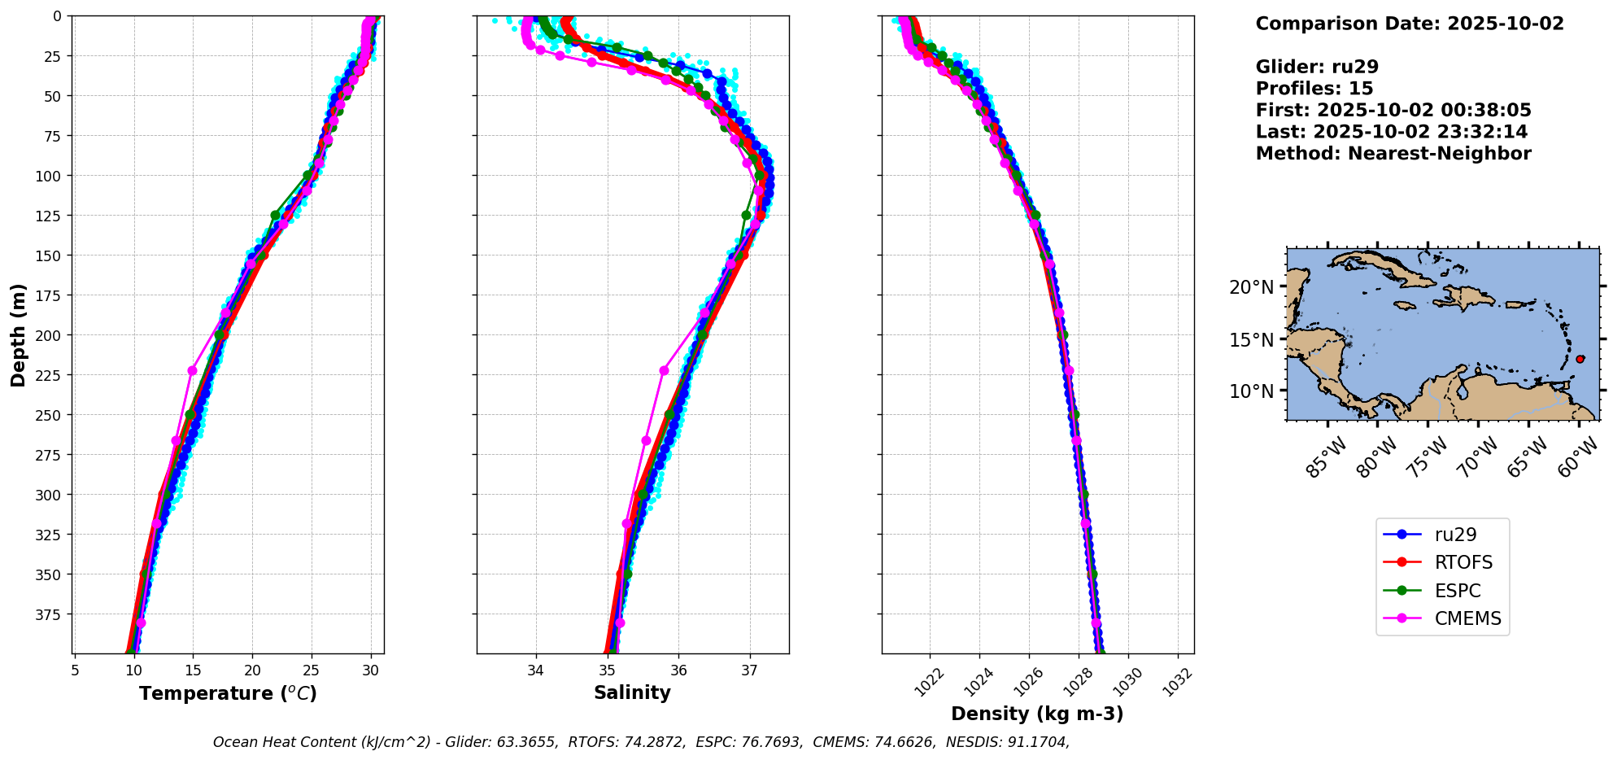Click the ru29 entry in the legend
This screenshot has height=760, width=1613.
point(1455,535)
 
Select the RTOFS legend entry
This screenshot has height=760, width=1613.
point(1463,562)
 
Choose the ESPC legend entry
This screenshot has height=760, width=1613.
point(1457,591)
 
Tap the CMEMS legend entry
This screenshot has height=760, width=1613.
point(1467,618)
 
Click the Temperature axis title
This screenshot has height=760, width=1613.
point(228,693)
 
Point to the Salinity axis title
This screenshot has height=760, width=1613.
point(632,692)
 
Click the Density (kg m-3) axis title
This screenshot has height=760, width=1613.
point(1037,714)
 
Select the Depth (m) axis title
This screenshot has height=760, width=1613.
point(19,334)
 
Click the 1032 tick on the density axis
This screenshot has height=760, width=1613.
point(1177,682)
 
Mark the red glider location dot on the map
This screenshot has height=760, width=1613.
point(1580,359)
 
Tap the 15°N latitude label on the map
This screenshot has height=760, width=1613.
point(1251,339)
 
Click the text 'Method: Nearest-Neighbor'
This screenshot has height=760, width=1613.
point(1393,154)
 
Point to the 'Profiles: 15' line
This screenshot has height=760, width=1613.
point(1314,89)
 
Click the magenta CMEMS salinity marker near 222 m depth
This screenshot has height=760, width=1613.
point(664,370)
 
